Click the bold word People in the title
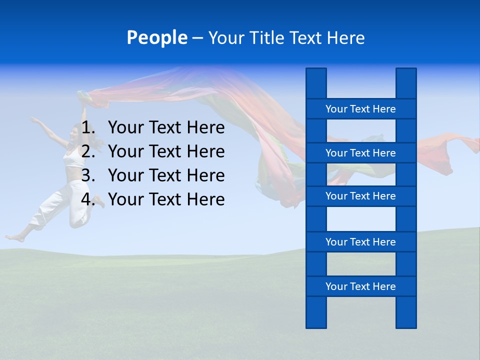click(156, 37)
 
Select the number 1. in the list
click(88, 128)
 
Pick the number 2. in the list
click(88, 151)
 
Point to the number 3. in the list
click(88, 175)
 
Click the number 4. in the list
click(88, 199)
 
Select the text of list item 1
click(166, 128)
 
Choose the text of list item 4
click(166, 199)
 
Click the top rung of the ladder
click(360, 109)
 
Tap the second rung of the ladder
click(360, 153)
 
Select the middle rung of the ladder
click(360, 196)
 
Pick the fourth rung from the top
click(360, 242)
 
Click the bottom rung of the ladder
click(360, 286)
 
